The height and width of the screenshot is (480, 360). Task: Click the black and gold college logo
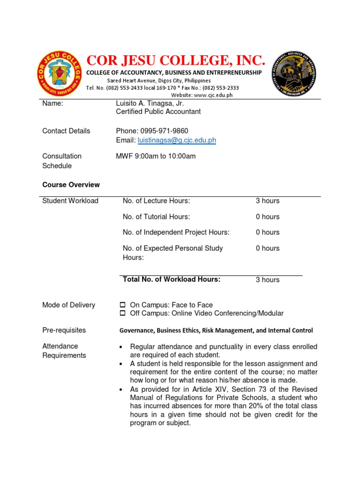[x=294, y=74]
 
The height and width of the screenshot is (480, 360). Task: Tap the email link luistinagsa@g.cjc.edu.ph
[x=176, y=140]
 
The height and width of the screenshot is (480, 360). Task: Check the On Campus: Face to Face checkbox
[x=123, y=305]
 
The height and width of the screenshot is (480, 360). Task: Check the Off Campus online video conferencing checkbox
[x=123, y=313]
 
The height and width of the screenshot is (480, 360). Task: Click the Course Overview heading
[x=71, y=185]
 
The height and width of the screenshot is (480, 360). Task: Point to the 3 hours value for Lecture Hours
[x=267, y=201]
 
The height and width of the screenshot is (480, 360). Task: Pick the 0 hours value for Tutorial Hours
[x=267, y=217]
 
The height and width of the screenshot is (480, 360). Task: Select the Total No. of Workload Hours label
[x=171, y=279]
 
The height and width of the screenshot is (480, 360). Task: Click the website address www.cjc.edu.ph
[x=213, y=95]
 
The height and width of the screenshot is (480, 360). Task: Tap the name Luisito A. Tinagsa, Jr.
[x=150, y=104]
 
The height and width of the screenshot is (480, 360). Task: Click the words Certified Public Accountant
[x=158, y=112]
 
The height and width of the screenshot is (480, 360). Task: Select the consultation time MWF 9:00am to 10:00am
[x=156, y=156]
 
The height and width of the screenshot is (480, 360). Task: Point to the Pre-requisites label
[x=64, y=330]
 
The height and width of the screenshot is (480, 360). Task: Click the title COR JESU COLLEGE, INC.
[x=176, y=60]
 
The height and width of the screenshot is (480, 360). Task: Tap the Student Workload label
[x=70, y=201]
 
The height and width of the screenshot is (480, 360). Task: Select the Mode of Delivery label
[x=68, y=305]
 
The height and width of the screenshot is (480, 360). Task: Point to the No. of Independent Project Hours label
[x=176, y=232]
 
